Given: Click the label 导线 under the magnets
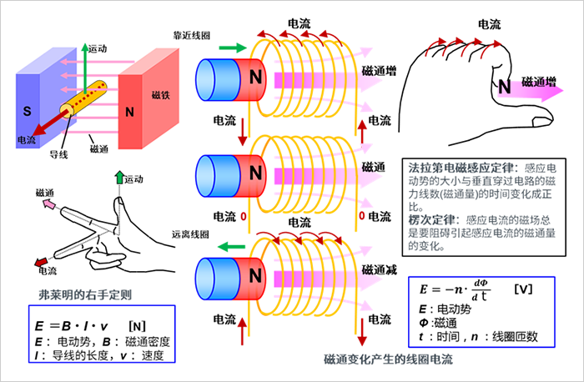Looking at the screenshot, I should (58, 153).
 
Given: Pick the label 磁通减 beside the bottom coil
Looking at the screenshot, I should (379, 271).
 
